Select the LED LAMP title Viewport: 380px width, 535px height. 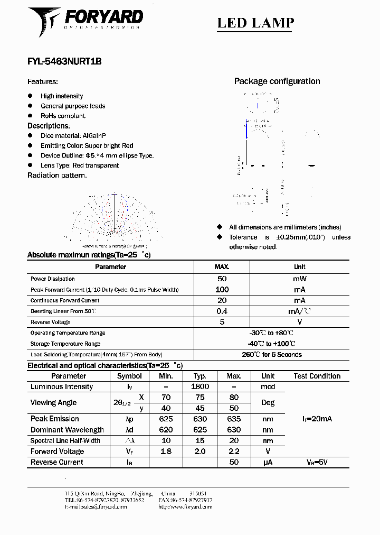pyautogui.click(x=256, y=23)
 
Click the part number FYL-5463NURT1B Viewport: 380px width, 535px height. pyautogui.click(x=64, y=61)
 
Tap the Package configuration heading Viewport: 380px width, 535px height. pyautogui.click(x=277, y=81)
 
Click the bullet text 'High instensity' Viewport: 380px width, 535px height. pyautogui.click(x=62, y=96)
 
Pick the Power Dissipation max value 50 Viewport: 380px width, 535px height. pyautogui.click(x=222, y=279)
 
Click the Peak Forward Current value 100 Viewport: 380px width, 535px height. pyautogui.click(x=222, y=290)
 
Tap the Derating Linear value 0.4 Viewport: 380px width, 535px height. pyautogui.click(x=222, y=311)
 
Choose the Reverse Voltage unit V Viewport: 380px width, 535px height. pyautogui.click(x=299, y=322)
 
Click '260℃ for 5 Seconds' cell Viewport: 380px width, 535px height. pyautogui.click(x=272, y=355)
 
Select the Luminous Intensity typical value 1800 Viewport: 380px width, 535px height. pyautogui.click(x=199, y=386)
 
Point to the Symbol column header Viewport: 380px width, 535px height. pyautogui.click(x=129, y=376)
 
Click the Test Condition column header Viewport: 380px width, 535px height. pyautogui.click(x=317, y=376)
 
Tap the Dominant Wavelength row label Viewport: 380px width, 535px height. pyautogui.click(x=67, y=430)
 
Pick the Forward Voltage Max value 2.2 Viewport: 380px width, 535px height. pyautogui.click(x=234, y=451)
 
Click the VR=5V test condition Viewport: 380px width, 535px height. pyautogui.click(x=317, y=462)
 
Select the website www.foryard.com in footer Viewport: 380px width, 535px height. pyautogui.click(x=185, y=506)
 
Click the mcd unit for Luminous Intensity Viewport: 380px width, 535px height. pyautogui.click(x=268, y=386)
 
